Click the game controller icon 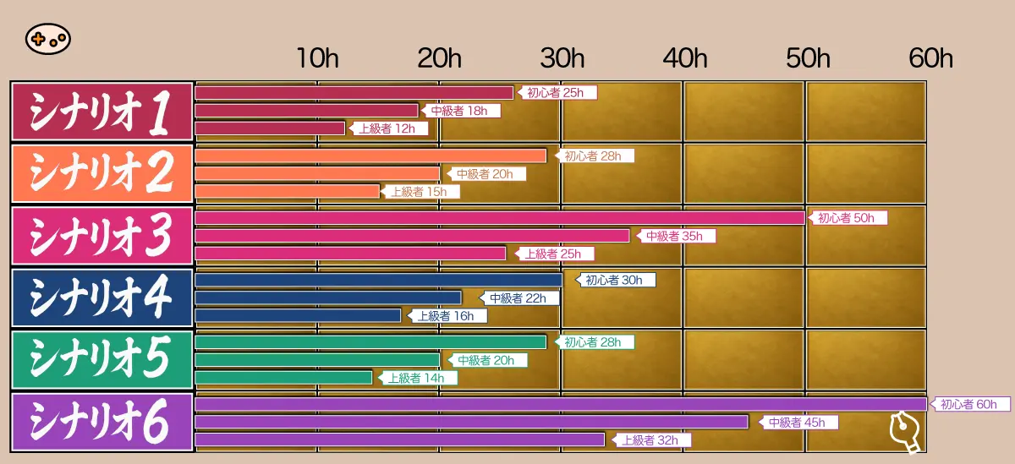tap(47, 39)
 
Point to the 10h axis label tap(318, 58)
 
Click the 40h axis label tap(685, 58)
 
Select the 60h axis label tap(930, 58)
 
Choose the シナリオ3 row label tap(102, 235)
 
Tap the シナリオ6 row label tap(102, 421)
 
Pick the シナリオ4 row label tap(102, 298)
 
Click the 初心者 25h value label tap(557, 93)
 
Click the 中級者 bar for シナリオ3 tap(412, 236)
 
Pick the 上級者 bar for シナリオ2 tap(287, 191)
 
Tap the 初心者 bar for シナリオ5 tap(370, 342)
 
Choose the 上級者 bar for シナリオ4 tap(298, 315)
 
